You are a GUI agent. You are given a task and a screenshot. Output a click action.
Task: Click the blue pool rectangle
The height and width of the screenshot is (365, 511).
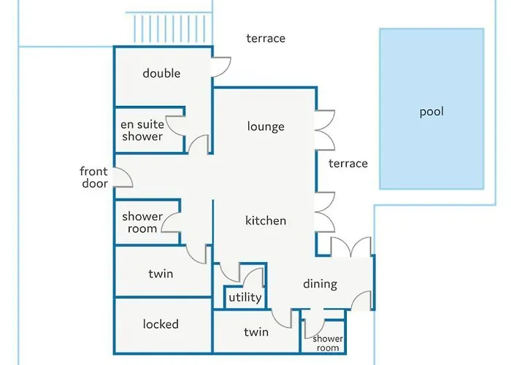click(431, 109)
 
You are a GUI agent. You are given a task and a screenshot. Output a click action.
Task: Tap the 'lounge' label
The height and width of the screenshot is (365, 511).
click(266, 126)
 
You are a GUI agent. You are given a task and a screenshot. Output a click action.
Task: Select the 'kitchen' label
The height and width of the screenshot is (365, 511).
click(266, 220)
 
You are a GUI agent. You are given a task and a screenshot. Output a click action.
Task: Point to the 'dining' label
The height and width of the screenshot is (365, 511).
click(320, 284)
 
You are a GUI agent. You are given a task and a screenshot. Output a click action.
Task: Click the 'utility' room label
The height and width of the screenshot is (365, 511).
click(245, 297)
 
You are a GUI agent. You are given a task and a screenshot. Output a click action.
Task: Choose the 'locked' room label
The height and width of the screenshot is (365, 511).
click(161, 324)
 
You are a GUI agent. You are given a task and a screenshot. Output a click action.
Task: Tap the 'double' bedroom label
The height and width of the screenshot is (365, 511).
click(161, 73)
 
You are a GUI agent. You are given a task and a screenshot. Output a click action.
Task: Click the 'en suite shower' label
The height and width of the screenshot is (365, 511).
click(142, 131)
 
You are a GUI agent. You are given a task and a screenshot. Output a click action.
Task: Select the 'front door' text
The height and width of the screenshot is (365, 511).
click(94, 177)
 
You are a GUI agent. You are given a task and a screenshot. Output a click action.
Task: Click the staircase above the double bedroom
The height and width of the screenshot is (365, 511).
click(169, 28)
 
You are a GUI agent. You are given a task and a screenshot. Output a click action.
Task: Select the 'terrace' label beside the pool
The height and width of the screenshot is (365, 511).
click(348, 164)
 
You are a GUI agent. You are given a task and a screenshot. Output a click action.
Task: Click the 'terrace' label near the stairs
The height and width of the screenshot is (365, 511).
click(266, 39)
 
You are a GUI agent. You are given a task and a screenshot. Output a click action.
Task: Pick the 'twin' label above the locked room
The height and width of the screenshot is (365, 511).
click(161, 274)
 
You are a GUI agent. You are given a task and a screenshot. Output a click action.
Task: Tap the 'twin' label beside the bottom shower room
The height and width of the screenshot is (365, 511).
click(256, 332)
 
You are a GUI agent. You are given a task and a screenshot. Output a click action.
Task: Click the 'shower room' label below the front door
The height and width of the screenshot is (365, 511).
click(142, 223)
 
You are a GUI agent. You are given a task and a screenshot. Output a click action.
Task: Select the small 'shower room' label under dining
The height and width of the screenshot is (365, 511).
click(328, 344)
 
